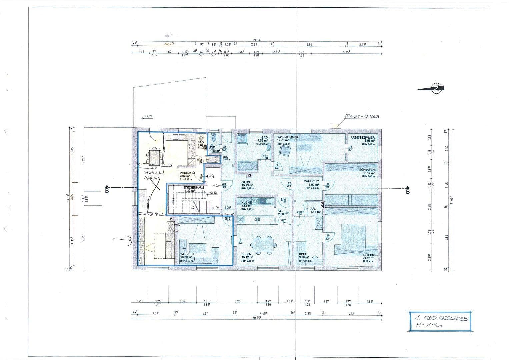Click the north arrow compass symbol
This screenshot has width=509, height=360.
435,88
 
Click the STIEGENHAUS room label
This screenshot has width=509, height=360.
191,188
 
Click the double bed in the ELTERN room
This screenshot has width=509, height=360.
353,237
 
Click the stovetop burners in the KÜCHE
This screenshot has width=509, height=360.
255,201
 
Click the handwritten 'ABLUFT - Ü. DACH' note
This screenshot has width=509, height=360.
362,117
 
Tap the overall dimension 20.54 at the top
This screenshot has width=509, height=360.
257,40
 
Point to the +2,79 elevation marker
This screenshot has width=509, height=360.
148,117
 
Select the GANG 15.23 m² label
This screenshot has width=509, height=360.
248,184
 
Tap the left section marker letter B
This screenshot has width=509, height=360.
107,191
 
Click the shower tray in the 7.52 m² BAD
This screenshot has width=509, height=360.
242,139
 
